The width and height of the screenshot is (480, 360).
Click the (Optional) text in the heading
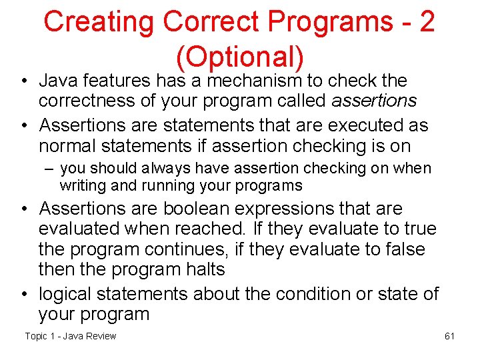click(x=240, y=57)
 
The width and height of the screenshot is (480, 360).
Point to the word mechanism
click(x=255, y=81)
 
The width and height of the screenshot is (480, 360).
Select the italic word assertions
click(x=373, y=101)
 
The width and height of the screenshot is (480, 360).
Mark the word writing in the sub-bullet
click(x=81, y=185)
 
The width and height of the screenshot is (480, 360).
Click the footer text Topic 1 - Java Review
click(x=70, y=336)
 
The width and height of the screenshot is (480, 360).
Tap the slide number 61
click(x=449, y=336)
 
